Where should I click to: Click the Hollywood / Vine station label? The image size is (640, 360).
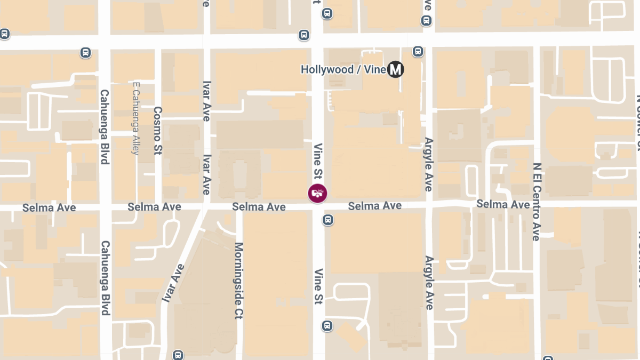point(343,69)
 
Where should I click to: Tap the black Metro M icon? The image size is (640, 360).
point(395,69)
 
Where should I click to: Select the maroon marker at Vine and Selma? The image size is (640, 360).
point(318,193)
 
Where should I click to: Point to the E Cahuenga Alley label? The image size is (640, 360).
point(135,119)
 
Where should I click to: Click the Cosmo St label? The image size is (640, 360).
point(157,131)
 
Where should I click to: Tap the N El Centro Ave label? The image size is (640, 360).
point(537,202)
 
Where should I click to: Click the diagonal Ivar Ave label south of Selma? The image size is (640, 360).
point(173,283)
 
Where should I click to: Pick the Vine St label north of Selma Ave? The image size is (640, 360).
point(318,162)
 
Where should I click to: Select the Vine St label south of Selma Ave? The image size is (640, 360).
point(318,286)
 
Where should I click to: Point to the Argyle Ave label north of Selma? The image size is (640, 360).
point(428,164)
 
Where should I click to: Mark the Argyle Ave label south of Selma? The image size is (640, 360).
point(429,283)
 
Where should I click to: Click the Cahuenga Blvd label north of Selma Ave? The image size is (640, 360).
point(105,126)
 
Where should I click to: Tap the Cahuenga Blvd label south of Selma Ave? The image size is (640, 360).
point(105,278)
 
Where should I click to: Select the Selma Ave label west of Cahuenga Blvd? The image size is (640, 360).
point(49,207)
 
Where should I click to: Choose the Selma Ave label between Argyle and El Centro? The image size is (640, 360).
point(503,204)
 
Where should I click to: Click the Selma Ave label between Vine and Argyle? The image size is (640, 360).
point(375,206)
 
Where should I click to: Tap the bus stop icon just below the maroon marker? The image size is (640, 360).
point(329,219)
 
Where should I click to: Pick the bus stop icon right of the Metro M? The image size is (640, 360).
point(418,51)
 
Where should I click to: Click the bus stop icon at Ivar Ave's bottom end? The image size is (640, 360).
point(178,355)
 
